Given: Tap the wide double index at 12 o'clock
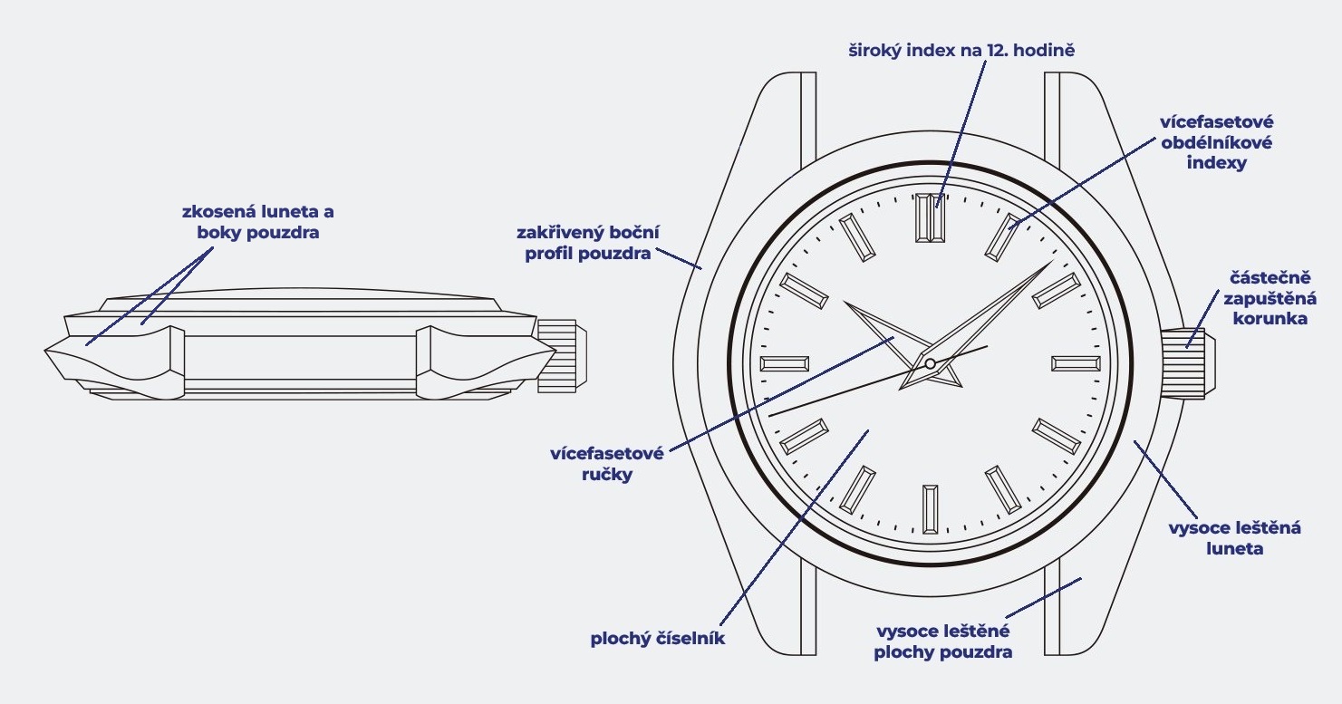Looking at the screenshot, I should coord(931,218).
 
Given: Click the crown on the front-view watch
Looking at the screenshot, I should coord(1189,363).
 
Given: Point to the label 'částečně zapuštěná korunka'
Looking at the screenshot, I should coord(1268,297).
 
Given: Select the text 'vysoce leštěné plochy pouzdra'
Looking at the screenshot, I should coord(942,641).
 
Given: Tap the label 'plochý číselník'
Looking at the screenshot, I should coord(657,639).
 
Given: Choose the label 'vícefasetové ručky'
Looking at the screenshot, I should coord(607,463).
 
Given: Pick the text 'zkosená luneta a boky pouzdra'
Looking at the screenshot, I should coord(257,222).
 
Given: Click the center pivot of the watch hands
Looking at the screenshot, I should coord(930,364).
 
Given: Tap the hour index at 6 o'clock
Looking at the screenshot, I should coord(931,509).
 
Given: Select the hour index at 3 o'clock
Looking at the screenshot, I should coord(1076,363).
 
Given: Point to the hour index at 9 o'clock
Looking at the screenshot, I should coord(785,363).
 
